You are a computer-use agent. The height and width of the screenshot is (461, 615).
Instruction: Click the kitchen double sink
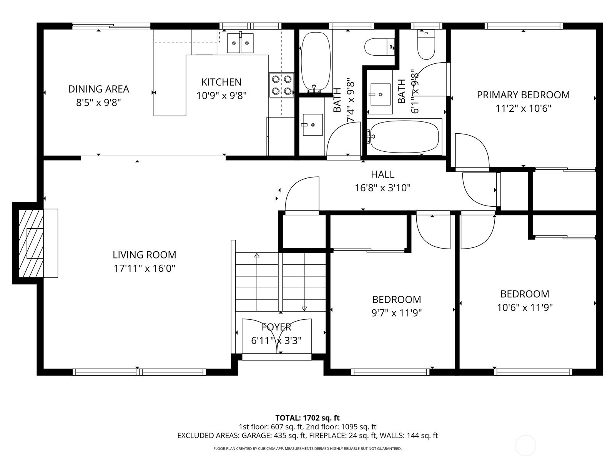240,43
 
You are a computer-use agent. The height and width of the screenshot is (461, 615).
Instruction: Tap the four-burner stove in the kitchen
282,85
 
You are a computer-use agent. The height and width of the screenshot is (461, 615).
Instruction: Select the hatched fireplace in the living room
31,243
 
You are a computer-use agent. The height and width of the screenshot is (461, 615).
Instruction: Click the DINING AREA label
99,89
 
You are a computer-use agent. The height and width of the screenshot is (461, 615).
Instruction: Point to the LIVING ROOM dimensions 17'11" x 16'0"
144,269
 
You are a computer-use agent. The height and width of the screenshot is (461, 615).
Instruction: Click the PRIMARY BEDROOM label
524,95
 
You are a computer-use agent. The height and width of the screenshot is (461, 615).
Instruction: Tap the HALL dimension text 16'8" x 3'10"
383,187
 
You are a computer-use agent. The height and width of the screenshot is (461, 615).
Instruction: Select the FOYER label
276,327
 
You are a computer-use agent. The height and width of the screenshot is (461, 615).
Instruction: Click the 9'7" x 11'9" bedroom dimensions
397,313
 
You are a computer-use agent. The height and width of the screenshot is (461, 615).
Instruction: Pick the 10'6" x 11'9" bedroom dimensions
525,308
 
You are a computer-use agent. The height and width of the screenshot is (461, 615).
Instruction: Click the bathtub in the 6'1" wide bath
404,137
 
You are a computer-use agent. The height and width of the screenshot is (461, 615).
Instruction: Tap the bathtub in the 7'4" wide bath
316,62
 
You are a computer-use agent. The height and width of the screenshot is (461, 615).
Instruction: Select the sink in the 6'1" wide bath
381,95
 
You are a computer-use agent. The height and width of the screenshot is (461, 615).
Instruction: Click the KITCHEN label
221,82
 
